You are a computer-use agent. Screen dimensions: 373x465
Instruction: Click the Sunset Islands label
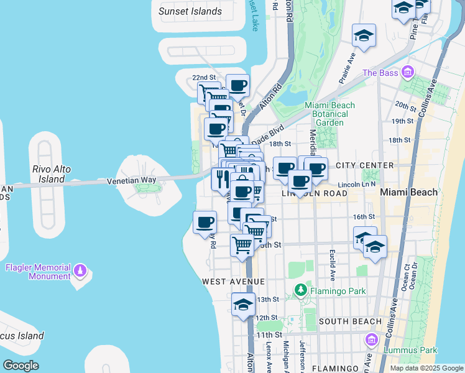pos(190,11)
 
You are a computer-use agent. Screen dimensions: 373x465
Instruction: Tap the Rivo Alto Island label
pos(48,174)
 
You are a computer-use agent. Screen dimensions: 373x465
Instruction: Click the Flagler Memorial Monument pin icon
pos(80,270)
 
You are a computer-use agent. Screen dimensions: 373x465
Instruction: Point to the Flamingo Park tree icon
pos(301,289)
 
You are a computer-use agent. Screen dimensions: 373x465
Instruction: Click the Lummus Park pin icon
pos(372,340)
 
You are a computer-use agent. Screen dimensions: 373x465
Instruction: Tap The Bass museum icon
pos(408,73)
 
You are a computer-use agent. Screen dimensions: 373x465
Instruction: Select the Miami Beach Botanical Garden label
pos(329,114)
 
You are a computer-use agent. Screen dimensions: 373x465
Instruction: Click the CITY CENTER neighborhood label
pos(364,165)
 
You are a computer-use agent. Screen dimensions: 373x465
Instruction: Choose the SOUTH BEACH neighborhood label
pos(350,321)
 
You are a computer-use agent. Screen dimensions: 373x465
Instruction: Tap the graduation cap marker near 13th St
pos(244,305)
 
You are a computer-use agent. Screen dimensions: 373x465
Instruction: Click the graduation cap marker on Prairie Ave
pos(364,35)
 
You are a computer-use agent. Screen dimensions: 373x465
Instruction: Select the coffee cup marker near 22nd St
pos(237,85)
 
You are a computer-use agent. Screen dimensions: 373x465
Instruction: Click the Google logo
pos(21,365)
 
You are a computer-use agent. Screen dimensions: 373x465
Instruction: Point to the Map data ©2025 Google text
pos(426,368)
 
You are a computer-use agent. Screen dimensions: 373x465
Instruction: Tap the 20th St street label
pos(404,106)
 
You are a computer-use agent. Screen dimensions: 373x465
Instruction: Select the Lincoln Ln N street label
pos(358,185)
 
